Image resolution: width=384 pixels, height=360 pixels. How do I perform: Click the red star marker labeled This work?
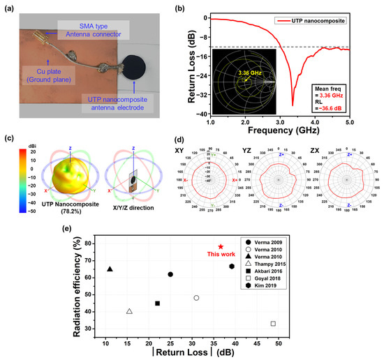point(221,247)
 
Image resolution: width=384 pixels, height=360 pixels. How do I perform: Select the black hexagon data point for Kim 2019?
point(232,267)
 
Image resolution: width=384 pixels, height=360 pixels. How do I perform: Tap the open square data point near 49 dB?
point(273,324)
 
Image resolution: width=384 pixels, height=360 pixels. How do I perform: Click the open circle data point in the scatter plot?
point(196,298)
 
